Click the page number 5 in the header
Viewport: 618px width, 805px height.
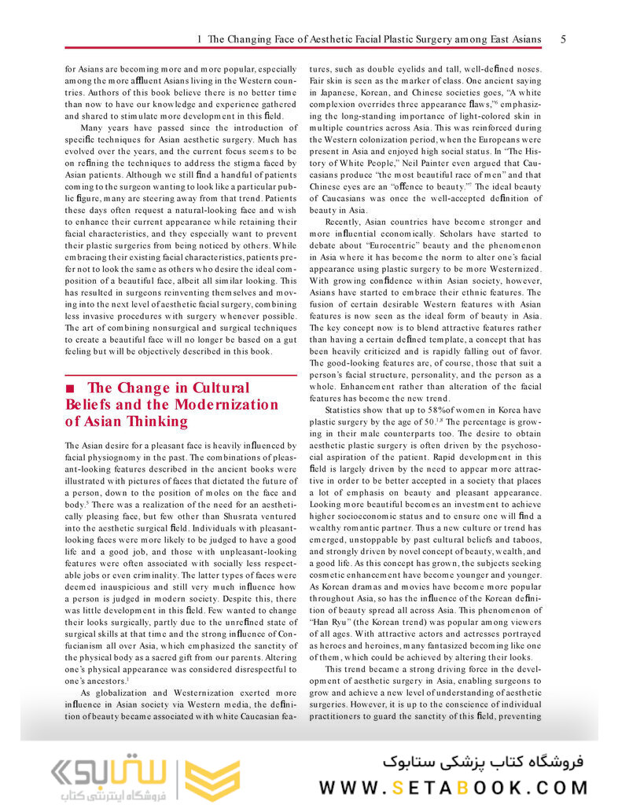coord(564,39)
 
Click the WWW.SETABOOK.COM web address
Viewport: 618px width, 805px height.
coord(453,787)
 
